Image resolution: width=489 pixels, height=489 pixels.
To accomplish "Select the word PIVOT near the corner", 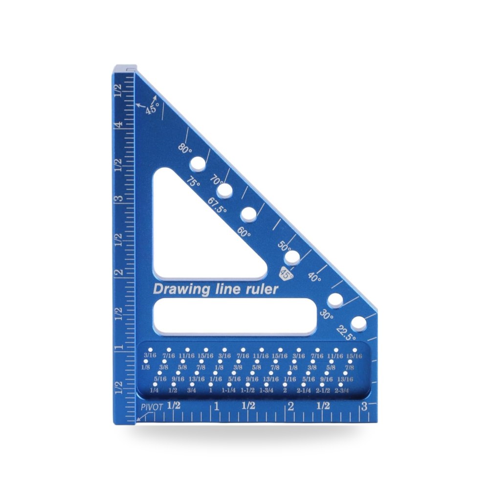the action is click(152, 407).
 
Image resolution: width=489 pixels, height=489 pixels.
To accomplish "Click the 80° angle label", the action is click(185, 149).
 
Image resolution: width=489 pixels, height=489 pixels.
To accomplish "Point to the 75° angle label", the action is click(193, 182).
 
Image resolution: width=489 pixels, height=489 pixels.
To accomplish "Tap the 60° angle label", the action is click(244, 232).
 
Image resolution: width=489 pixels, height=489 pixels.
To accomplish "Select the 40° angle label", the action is click(314, 277).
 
